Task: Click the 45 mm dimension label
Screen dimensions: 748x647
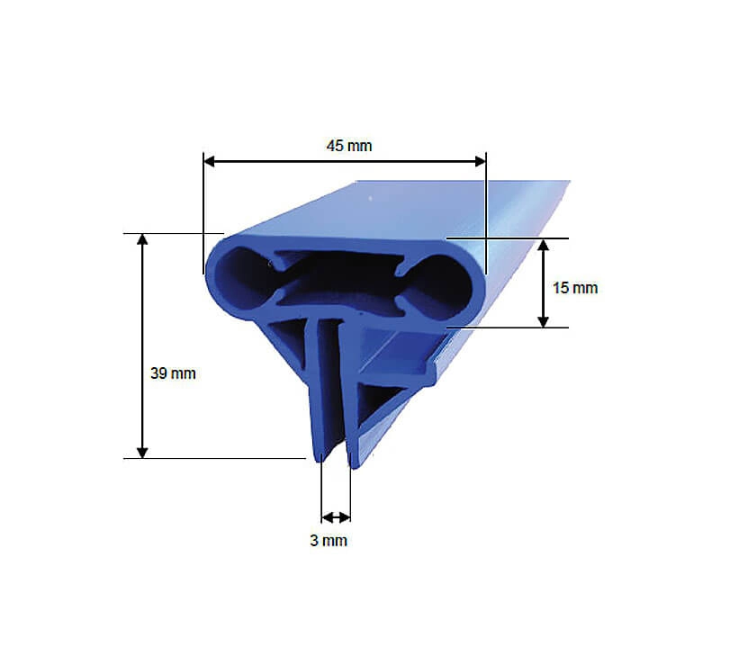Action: coord(349,146)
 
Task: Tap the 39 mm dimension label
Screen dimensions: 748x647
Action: coord(173,373)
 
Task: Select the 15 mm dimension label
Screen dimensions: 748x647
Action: coord(575,287)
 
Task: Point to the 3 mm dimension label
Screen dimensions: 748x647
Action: coord(329,540)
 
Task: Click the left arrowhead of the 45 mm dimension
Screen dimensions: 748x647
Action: coord(210,162)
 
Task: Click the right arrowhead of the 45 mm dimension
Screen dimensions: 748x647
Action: coord(480,162)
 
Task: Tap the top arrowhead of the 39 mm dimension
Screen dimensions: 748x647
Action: coord(142,239)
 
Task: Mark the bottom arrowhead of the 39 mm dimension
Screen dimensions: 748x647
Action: coord(142,452)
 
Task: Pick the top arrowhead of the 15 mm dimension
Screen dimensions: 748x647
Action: coord(543,245)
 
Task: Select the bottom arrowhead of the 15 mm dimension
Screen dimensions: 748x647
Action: coord(543,321)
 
